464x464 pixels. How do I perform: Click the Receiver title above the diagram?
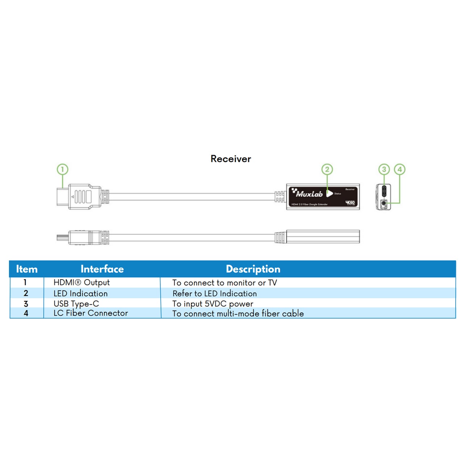(x=231, y=159)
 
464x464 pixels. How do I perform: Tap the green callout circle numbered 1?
(x=62, y=169)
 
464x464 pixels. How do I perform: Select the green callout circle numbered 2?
(x=327, y=169)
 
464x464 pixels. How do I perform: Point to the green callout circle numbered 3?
(x=384, y=169)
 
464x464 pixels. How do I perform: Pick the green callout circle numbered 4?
(x=399, y=169)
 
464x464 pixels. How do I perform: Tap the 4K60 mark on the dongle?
(x=350, y=203)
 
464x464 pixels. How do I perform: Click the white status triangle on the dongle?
(x=329, y=193)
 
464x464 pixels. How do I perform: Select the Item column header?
(x=26, y=269)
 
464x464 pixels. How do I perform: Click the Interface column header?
(x=102, y=269)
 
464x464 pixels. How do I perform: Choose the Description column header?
(x=253, y=269)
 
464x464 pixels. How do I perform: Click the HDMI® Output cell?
(x=82, y=282)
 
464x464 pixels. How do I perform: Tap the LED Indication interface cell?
(x=80, y=293)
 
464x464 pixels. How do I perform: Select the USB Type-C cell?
(x=76, y=304)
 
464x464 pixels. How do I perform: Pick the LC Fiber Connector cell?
(x=91, y=313)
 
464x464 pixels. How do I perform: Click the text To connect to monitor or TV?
(x=224, y=283)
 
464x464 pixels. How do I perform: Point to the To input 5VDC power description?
(x=212, y=304)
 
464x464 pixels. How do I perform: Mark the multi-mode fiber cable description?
(x=238, y=314)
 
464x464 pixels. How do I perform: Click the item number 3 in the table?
(x=26, y=304)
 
